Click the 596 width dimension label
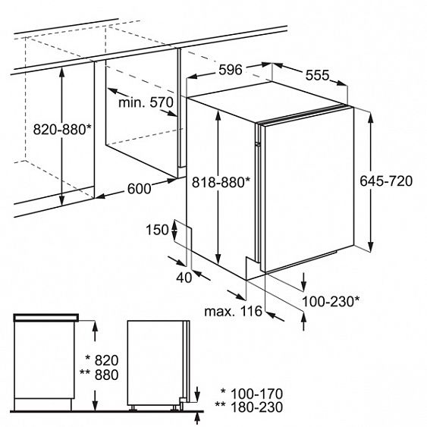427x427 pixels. coord(231,70)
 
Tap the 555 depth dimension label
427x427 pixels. coord(317,75)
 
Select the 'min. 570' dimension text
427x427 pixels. coord(146,102)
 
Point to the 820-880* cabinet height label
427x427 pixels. coord(62,129)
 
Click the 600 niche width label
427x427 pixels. coord(139,189)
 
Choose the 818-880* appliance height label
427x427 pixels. coord(221,182)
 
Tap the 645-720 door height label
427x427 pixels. coord(386,181)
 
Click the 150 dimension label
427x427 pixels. coord(158,230)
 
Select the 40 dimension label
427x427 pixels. coord(184,278)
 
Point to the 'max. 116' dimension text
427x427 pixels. coord(233,311)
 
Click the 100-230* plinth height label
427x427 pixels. coord(331,301)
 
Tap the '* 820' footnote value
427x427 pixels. coord(102,360)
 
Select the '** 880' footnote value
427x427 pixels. coord(99,375)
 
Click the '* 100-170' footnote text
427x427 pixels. coord(252,394)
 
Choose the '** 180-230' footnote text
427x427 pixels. coord(249,407)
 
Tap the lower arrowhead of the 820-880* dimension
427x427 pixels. coord(62,199)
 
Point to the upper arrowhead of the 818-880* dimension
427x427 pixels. coord(218,116)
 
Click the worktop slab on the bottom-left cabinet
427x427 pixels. coord(46,317)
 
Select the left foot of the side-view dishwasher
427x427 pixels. coord(133,408)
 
